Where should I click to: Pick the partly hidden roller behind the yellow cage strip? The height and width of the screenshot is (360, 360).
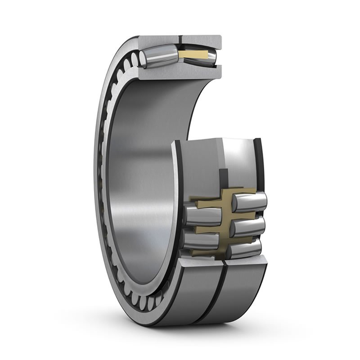pyautogui.click(x=211, y=56)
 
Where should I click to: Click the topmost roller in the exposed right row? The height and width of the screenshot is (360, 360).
pyautogui.click(x=250, y=201)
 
